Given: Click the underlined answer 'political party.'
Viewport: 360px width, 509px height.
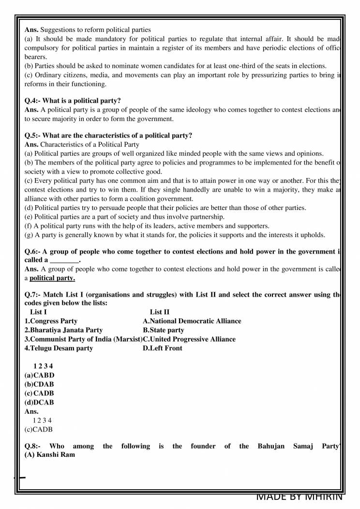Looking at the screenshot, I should [x=52, y=278].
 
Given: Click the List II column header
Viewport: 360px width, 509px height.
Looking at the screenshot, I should [x=160, y=312].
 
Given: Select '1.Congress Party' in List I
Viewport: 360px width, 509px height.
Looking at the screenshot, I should [x=51, y=321].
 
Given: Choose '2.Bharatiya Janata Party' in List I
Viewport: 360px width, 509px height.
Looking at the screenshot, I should [x=63, y=330].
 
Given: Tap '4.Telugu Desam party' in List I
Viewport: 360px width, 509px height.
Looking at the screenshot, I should [x=59, y=348].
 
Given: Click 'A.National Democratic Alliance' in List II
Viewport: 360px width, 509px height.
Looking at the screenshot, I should [x=192, y=321].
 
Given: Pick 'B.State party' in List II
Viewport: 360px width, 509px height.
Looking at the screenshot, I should [x=163, y=330].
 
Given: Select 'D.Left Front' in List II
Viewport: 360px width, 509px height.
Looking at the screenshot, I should [x=162, y=348].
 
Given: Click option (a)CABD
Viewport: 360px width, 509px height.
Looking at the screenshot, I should [x=39, y=375].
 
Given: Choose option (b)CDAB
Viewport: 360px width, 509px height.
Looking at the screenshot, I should [x=39, y=384].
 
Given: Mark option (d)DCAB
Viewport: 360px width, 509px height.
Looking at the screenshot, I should [x=39, y=402].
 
